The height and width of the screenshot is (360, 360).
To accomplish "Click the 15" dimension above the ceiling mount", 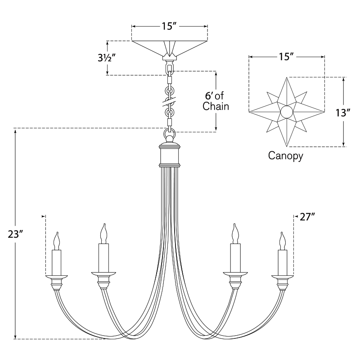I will click(169, 26).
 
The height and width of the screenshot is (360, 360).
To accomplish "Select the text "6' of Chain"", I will click(216, 101).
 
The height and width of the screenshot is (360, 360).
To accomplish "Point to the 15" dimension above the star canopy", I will click(286, 57).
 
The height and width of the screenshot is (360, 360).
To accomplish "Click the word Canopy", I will click(285, 156).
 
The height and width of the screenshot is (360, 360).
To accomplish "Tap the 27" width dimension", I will click(307, 217).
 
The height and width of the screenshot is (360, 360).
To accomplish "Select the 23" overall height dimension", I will click(15, 234).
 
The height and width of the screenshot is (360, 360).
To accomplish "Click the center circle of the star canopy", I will click(287, 112).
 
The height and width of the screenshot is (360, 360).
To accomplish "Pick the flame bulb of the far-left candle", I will click(57, 241).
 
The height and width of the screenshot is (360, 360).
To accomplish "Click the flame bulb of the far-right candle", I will click(282, 241).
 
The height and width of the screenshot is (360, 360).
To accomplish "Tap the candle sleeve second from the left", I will click(103, 257).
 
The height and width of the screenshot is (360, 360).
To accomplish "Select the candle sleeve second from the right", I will click(235, 257).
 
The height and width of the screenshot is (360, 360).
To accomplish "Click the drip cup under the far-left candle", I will click(56, 275).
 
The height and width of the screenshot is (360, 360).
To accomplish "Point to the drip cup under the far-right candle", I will click(283, 275).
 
